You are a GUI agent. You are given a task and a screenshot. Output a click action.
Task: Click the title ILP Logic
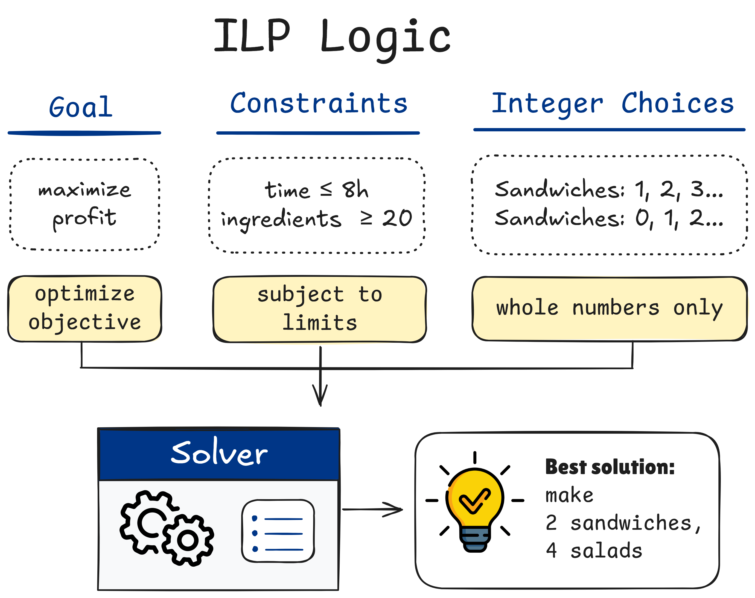(332, 37)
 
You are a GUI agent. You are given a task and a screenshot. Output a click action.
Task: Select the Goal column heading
(81, 107)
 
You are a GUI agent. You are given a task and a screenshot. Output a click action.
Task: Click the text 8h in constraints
(355, 190)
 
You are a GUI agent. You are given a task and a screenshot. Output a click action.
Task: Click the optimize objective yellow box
(84, 309)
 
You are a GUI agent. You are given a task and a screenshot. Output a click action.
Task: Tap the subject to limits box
(319, 309)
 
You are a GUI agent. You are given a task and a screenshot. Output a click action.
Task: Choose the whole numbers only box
(609, 309)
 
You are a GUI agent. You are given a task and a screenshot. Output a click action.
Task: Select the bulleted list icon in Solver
(278, 531)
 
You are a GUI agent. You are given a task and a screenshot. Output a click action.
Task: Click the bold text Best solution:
(609, 467)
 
